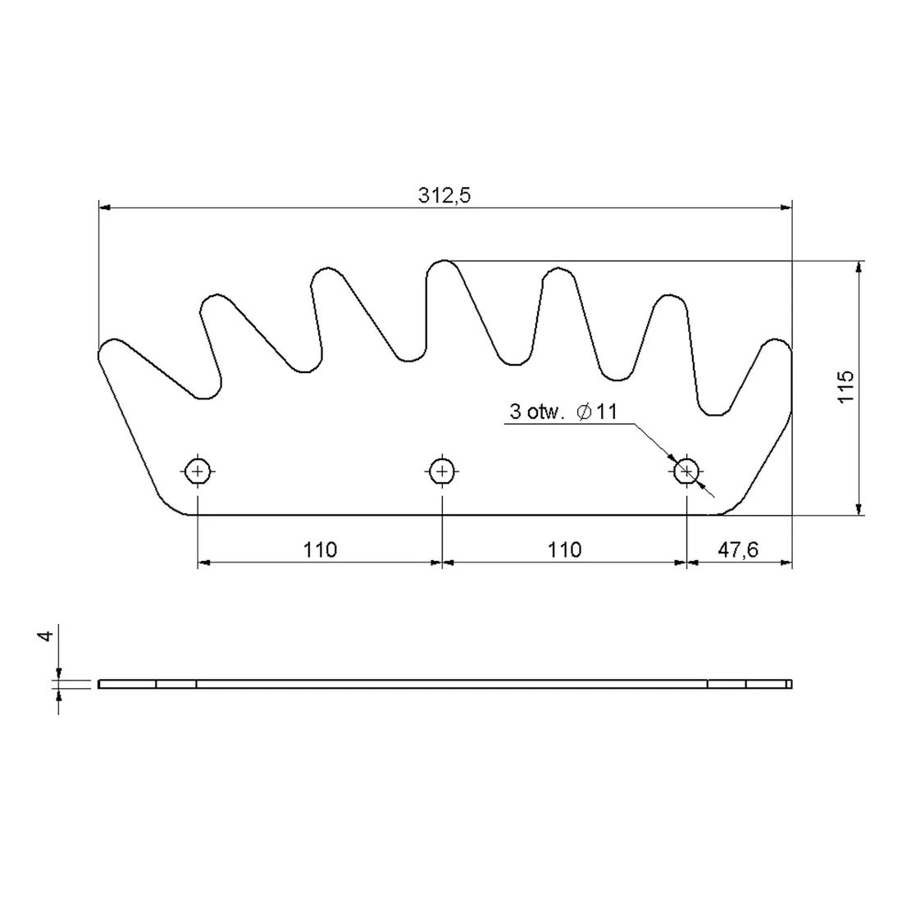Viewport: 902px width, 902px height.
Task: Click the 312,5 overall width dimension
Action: click(x=444, y=196)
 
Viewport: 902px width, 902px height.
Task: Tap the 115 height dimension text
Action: click(x=845, y=387)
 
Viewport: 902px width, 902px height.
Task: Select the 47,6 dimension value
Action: click(x=738, y=550)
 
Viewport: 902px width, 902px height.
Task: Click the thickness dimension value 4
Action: click(x=45, y=635)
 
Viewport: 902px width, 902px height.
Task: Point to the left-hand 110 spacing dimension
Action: click(x=320, y=550)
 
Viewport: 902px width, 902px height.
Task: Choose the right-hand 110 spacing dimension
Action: click(x=564, y=550)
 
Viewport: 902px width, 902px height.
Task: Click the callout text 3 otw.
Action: click(x=534, y=412)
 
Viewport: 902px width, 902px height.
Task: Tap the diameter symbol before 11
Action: click(x=584, y=412)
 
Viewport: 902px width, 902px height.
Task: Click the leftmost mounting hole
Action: click(x=198, y=472)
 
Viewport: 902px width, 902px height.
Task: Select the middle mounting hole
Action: click(x=442, y=472)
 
